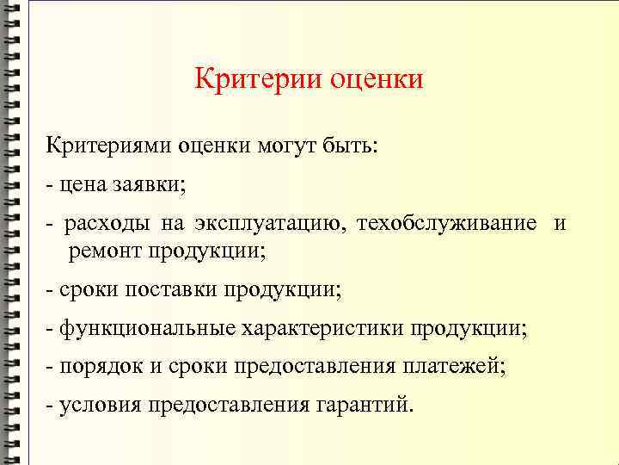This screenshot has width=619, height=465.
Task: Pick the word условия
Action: [x=97, y=406]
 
